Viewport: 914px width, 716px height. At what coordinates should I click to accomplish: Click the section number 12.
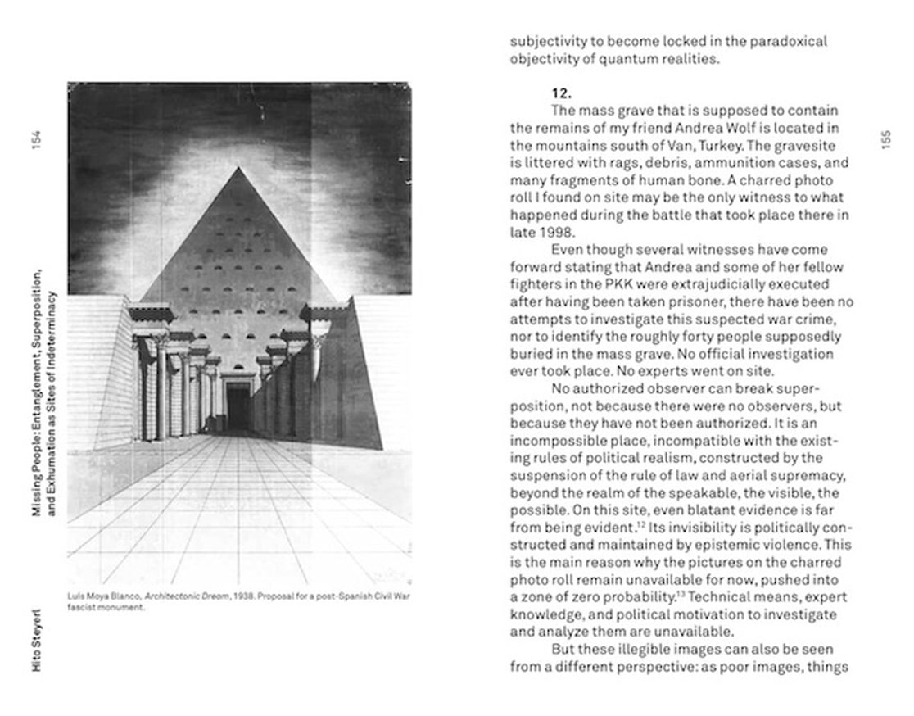click(x=561, y=93)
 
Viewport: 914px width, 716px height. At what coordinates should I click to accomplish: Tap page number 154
click(x=36, y=141)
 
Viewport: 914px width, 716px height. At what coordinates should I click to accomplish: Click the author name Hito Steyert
click(x=36, y=647)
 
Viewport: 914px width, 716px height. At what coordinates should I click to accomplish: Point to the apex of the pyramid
click(x=238, y=169)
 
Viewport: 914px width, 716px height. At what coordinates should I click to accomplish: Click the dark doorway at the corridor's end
click(x=238, y=407)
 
